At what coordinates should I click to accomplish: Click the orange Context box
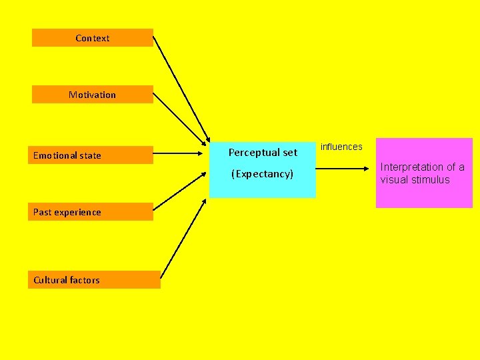[92, 38]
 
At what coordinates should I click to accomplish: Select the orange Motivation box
[92, 95]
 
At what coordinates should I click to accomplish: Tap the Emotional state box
[90, 155]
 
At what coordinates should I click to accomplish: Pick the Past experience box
[90, 212]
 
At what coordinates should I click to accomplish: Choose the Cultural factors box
[93, 280]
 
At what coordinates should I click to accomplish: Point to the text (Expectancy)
[262, 174]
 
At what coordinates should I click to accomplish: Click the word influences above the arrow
[341, 147]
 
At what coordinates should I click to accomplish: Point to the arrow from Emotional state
[180, 155]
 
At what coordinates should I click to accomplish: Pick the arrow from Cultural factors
[183, 230]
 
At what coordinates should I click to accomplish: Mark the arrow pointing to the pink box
[345, 169]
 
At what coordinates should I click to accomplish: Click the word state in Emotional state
[89, 155]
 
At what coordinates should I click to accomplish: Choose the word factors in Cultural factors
[85, 280]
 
